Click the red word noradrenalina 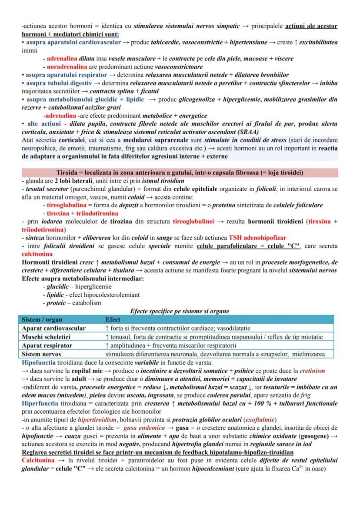point(65,67)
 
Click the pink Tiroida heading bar point(180,173)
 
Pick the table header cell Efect point(113,319)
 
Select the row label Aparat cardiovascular point(53,328)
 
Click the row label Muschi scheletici point(46,337)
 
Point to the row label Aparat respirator point(47,345)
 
